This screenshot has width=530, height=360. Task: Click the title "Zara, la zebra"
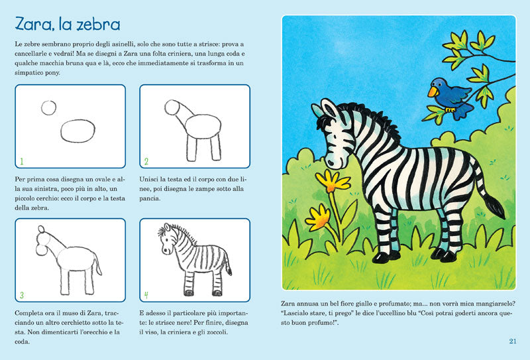(x=67, y=25)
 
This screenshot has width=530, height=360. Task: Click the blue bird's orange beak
(x=433, y=92)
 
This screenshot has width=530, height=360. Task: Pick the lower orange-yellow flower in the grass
(x=319, y=216)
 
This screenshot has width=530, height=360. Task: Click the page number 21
(x=513, y=341)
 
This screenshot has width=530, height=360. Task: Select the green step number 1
(x=22, y=161)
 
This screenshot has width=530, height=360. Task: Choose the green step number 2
(x=146, y=161)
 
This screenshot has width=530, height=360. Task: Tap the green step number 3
(x=22, y=295)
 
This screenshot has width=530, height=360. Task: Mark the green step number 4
(x=146, y=295)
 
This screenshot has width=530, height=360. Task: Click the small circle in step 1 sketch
(x=49, y=107)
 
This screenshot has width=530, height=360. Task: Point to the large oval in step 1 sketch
(x=78, y=131)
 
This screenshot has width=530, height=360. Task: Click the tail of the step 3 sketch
(x=99, y=267)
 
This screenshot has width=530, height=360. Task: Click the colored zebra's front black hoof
(x=381, y=256)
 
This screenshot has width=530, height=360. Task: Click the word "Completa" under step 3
(x=28, y=312)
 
